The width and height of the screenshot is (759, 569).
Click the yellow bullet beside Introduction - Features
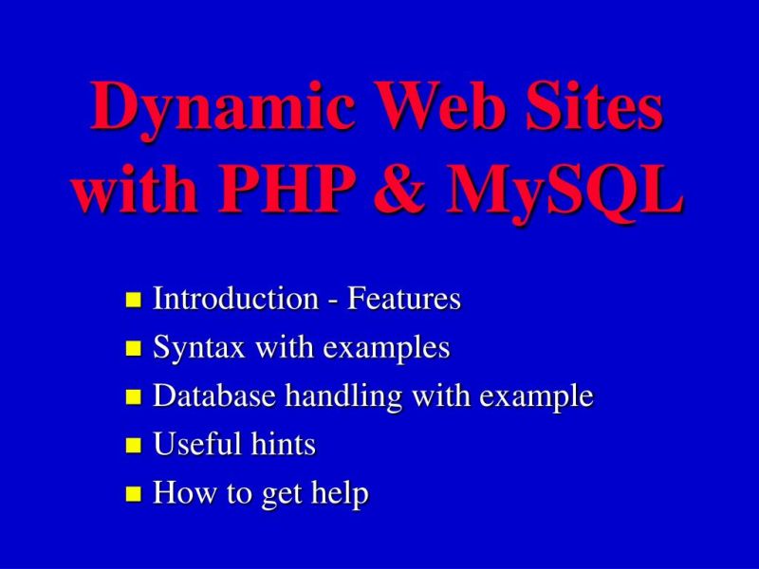134,302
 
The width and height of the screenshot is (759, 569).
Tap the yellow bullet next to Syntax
134,350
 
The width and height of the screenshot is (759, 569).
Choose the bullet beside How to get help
134,494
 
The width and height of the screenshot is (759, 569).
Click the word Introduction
235,300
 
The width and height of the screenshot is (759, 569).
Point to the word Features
404,300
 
